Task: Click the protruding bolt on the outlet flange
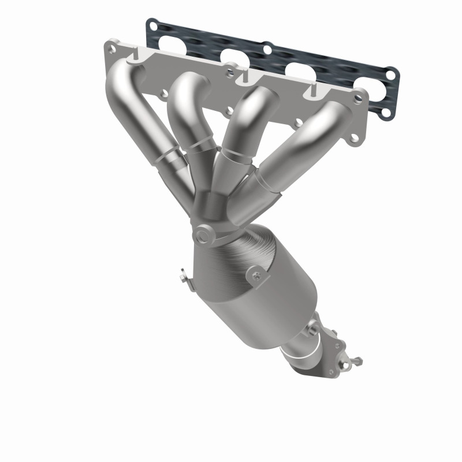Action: [355, 363]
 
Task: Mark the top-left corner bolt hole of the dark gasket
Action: [152, 25]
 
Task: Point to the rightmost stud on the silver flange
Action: [315, 90]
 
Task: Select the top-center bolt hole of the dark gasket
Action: [267, 50]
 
